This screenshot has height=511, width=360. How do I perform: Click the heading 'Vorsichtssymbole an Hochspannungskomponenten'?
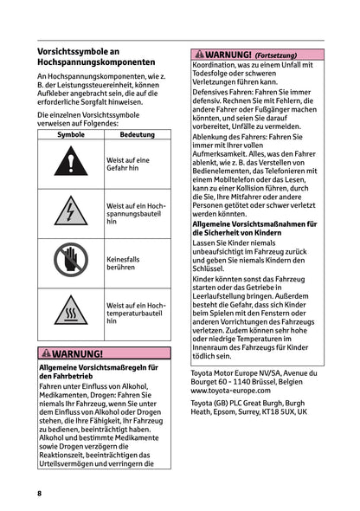click(96, 57)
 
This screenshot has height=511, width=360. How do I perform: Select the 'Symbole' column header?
click(70, 135)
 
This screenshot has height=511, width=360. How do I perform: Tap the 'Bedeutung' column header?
click(137, 135)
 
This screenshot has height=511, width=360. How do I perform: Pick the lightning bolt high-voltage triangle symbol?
click(70, 213)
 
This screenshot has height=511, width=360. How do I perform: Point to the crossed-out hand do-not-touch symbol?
click(70, 262)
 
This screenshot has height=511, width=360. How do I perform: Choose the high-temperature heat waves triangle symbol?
click(70, 311)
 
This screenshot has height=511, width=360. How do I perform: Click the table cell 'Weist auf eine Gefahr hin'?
click(137, 165)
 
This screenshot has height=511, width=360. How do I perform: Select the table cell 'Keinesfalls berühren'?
click(137, 262)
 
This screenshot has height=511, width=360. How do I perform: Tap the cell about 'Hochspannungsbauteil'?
click(137, 213)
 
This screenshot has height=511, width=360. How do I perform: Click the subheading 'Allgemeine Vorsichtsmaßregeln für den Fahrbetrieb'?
click(98, 372)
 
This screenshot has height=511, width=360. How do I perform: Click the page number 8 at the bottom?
click(40, 493)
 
